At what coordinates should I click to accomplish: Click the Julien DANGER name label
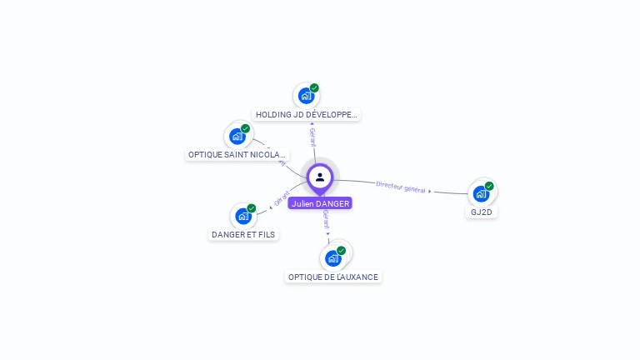click(320, 203)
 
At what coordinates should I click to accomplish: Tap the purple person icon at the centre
click(320, 177)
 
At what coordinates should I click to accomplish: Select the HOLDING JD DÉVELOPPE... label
click(307, 115)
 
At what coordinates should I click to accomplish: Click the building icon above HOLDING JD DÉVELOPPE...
click(306, 96)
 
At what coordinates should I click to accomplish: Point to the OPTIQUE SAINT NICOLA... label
click(237, 155)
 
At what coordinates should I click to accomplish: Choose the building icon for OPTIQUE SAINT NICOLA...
click(237, 136)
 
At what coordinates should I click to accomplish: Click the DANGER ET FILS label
click(243, 235)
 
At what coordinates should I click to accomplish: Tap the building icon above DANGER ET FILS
click(243, 216)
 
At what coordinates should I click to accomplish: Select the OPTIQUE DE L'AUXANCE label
click(333, 277)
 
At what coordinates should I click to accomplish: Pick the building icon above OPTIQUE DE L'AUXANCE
click(333, 257)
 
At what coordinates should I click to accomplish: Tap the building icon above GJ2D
click(481, 193)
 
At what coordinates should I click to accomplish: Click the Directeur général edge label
click(402, 187)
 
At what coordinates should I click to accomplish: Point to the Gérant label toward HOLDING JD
click(312, 137)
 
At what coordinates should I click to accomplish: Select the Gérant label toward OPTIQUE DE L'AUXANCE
click(326, 220)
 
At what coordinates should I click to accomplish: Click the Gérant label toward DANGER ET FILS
click(281, 199)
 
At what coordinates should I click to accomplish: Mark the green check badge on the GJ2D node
click(489, 186)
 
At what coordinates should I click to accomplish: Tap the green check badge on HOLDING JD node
click(314, 87)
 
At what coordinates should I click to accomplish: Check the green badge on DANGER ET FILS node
click(252, 208)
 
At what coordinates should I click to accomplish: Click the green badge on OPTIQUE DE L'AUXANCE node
click(341, 250)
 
